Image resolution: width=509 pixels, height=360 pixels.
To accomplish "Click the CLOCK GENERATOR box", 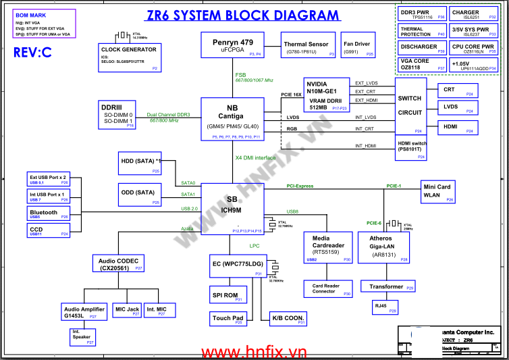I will pyautogui.click(x=128, y=58).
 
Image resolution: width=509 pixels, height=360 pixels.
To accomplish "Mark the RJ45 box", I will pyautogui.click(x=381, y=306).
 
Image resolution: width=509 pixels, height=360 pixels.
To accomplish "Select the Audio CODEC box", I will pyautogui.click(x=119, y=263).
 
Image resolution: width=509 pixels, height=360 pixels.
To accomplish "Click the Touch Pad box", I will pyautogui.click(x=227, y=318).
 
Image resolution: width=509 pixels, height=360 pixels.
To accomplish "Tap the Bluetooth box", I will pyautogui.click(x=48, y=214).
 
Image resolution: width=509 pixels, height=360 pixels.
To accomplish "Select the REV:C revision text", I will pyautogui.click(x=32, y=53).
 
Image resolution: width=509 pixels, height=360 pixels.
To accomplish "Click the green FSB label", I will pyautogui.click(x=241, y=75).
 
